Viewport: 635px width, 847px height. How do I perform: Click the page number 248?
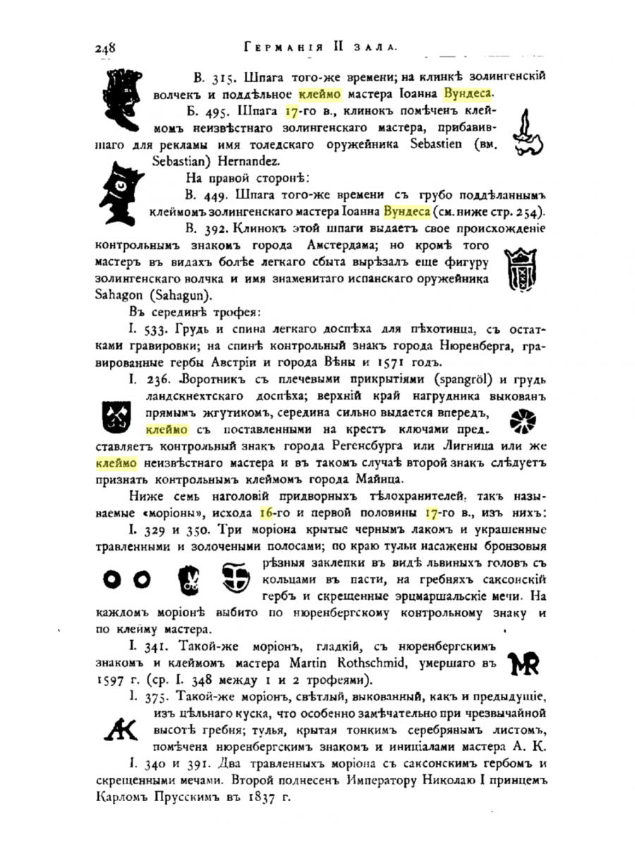104,48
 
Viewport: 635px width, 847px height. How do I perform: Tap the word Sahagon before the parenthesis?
116,296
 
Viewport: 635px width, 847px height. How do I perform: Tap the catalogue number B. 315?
214,77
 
